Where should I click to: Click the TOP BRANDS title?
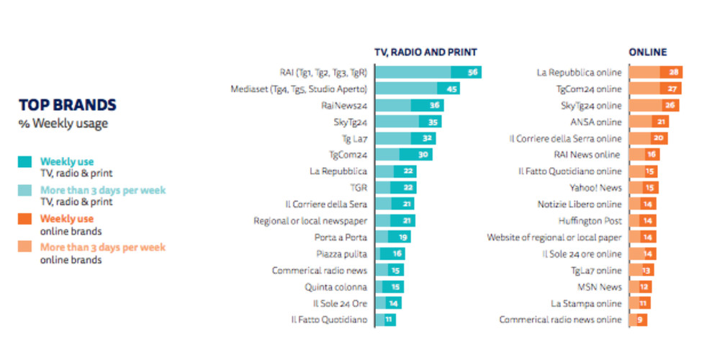[68, 105]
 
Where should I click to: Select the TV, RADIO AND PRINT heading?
[426, 53]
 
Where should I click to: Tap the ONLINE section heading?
[647, 53]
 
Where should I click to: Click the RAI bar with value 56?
[428, 72]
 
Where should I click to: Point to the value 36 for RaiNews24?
[435, 105]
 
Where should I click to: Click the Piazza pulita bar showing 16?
[390, 253]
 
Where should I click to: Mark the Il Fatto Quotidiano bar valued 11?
[385, 319]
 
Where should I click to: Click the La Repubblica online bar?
[656, 72]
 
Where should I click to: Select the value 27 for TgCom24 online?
[674, 89]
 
